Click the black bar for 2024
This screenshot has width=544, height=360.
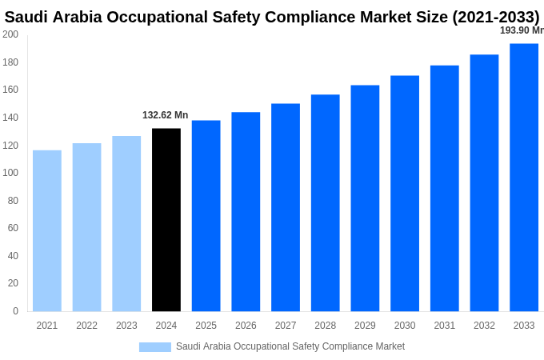(x=166, y=220)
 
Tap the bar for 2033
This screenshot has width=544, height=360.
(x=524, y=178)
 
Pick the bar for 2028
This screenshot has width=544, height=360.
(x=325, y=203)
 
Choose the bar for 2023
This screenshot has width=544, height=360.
(x=126, y=223)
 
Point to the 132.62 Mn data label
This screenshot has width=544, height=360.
(x=165, y=115)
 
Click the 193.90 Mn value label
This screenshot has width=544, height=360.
(x=521, y=30)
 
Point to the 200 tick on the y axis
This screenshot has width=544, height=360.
(x=10, y=34)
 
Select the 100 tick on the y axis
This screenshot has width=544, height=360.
(x=10, y=173)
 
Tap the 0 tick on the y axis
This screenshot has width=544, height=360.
(x=15, y=311)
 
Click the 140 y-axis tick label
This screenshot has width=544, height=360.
(x=10, y=118)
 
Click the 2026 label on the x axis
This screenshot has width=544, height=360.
(x=246, y=326)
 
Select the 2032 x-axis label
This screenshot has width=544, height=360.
(x=484, y=326)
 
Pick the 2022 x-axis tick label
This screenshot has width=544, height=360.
(x=86, y=326)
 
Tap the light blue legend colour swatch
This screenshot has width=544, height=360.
(x=154, y=347)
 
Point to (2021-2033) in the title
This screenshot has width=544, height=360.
(x=495, y=17)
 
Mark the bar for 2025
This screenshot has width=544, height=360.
(x=206, y=216)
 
